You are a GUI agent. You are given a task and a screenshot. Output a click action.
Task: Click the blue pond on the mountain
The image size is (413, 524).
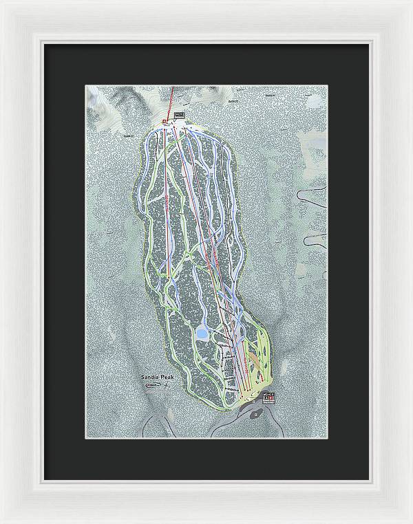pyautogui.click(x=202, y=334)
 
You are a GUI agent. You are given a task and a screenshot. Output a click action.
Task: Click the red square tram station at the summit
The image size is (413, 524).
pyautogui.click(x=165, y=122)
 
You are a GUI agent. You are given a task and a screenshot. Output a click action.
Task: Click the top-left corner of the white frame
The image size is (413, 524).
pyautogui.click(x=3, y=3)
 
